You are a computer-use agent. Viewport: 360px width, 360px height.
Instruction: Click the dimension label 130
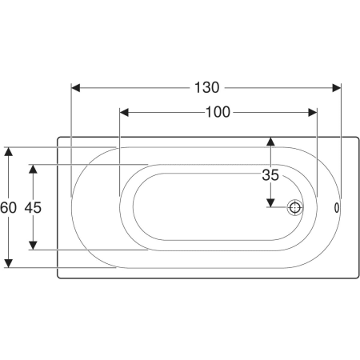(x=207, y=87)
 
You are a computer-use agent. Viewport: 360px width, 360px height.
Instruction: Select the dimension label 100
(x=218, y=112)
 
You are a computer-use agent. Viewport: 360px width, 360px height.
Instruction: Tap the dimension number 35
(x=270, y=175)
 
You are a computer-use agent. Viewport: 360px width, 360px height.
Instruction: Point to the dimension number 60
(x=8, y=207)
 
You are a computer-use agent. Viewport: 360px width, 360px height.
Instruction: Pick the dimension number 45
(x=33, y=207)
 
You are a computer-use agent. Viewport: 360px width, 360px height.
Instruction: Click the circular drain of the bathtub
(x=295, y=207)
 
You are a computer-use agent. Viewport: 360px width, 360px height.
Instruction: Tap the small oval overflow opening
(x=337, y=208)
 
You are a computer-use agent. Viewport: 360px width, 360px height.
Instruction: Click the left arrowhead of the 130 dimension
(x=76, y=88)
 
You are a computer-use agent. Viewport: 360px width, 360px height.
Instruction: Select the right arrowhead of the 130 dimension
(x=337, y=88)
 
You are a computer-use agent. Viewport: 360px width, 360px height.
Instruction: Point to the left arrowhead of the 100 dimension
(x=124, y=113)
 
